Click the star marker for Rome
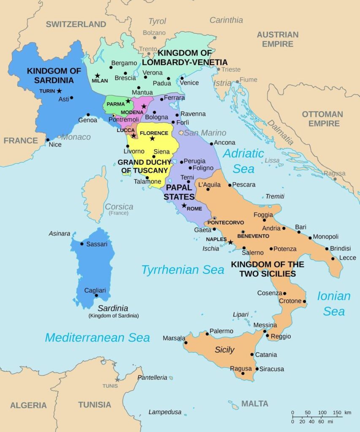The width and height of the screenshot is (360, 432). coord(184,205)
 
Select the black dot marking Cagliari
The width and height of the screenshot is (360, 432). coord(97,296)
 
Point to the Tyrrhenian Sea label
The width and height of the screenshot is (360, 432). coord(182,270)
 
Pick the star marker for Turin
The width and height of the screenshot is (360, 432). coord(60,91)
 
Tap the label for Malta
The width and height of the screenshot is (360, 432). coord(254,404)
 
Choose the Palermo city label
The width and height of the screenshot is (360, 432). coord(221,331)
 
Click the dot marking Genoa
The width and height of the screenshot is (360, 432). coord(88,115)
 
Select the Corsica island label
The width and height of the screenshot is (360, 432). coord(119,207)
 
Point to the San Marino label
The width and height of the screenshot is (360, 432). coord(205,133)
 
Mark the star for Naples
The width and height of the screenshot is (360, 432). coord(230,242)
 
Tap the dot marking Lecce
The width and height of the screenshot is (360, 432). coord(333,258)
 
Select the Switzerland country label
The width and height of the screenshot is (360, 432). coord(76,24)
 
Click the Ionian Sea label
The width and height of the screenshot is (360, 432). coord(334,303)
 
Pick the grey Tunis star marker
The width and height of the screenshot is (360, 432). coord(117,380)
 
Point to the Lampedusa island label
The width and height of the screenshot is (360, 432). coord(165,412)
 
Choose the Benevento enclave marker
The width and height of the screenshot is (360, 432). coord(243,232)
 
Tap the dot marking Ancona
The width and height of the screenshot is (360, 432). coord(211,143)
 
